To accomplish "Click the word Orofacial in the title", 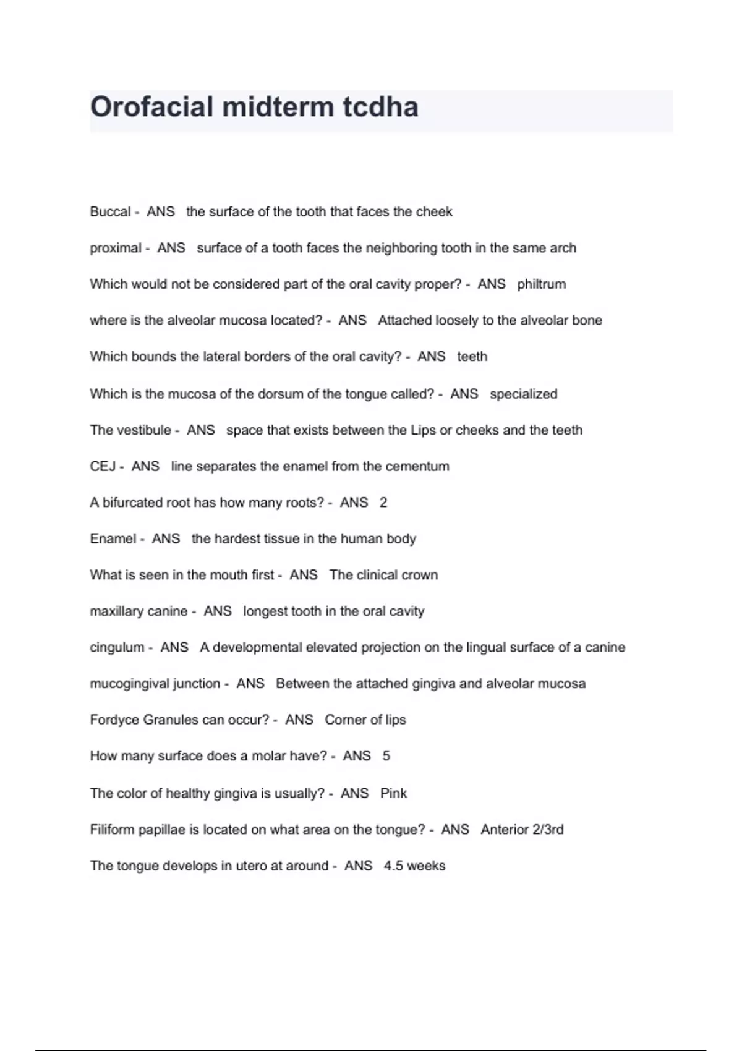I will pos(151,107).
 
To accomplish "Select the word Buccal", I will pos(110,212).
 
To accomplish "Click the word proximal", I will pos(116,249).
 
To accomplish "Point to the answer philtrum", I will pos(542,284).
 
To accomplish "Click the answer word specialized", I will pos(523,394).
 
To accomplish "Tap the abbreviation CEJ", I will pos(103,467).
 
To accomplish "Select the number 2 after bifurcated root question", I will pos(383,503).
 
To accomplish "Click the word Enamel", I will pos(113,539).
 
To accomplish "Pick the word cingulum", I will pos(117,648).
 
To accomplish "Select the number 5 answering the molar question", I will pos(386,756).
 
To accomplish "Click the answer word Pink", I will pos(393,793).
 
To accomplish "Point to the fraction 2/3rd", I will pos(544,830).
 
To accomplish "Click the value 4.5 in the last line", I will pos(393,866).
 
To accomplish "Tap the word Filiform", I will pos(112,830).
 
